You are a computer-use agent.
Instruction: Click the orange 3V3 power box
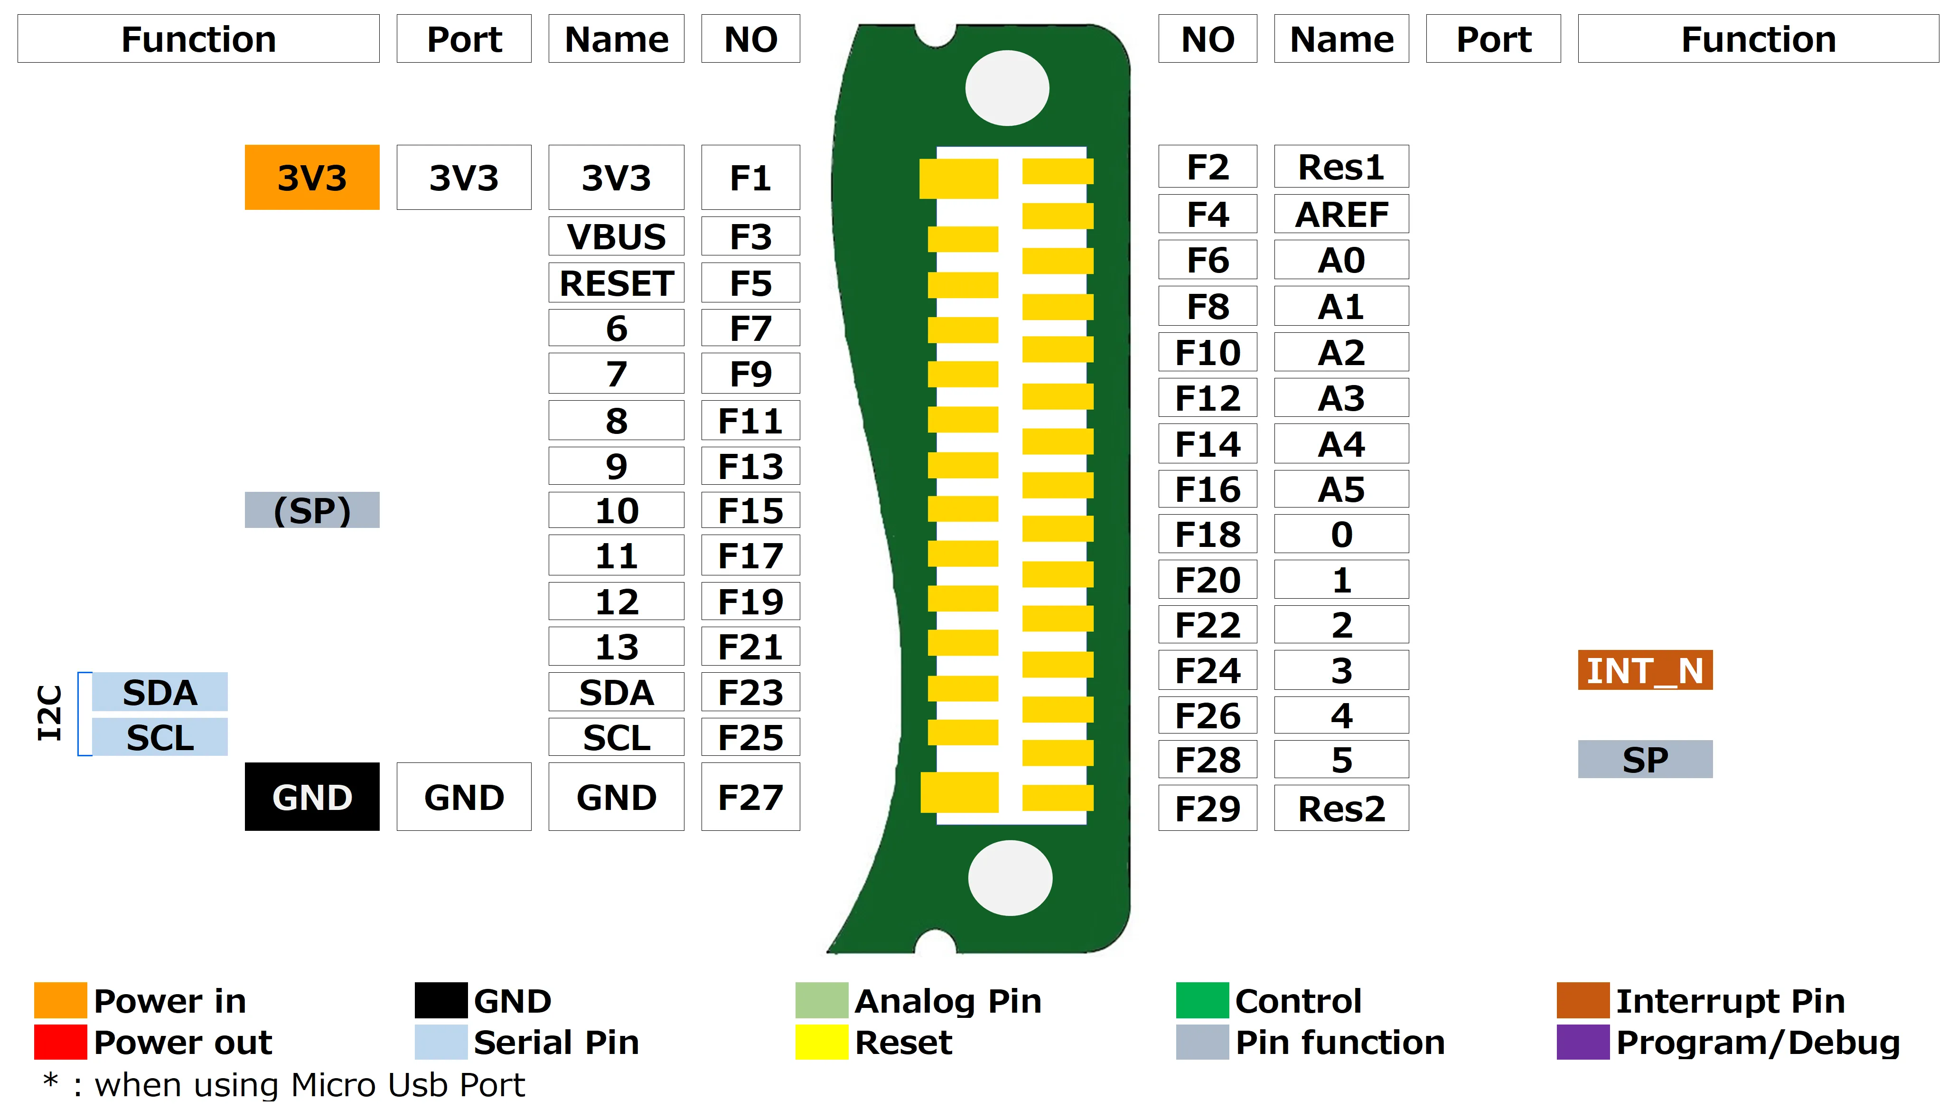click(311, 178)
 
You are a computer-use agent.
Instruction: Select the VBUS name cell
click(616, 236)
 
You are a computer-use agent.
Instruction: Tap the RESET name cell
click(616, 283)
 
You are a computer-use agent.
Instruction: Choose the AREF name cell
click(1341, 214)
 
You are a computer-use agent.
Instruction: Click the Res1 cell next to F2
click(1341, 167)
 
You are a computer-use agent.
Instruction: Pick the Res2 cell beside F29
click(1341, 808)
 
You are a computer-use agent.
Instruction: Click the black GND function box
click(311, 797)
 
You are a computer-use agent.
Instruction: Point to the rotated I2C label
click(49, 713)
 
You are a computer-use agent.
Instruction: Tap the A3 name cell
click(1341, 397)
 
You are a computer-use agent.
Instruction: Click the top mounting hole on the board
click(1007, 88)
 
